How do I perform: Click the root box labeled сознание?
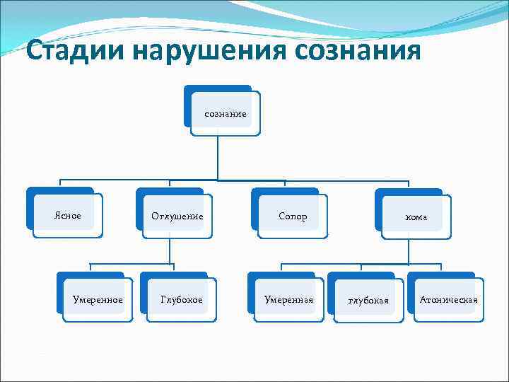coord(226,113)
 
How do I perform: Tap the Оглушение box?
coord(177,216)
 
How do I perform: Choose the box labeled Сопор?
coord(293,216)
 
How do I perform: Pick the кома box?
coord(416,216)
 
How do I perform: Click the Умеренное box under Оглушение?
coord(98,300)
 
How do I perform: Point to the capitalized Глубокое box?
coord(181,300)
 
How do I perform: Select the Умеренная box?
coord(288,300)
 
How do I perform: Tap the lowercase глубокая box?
coord(368,301)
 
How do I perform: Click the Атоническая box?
coord(448,300)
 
